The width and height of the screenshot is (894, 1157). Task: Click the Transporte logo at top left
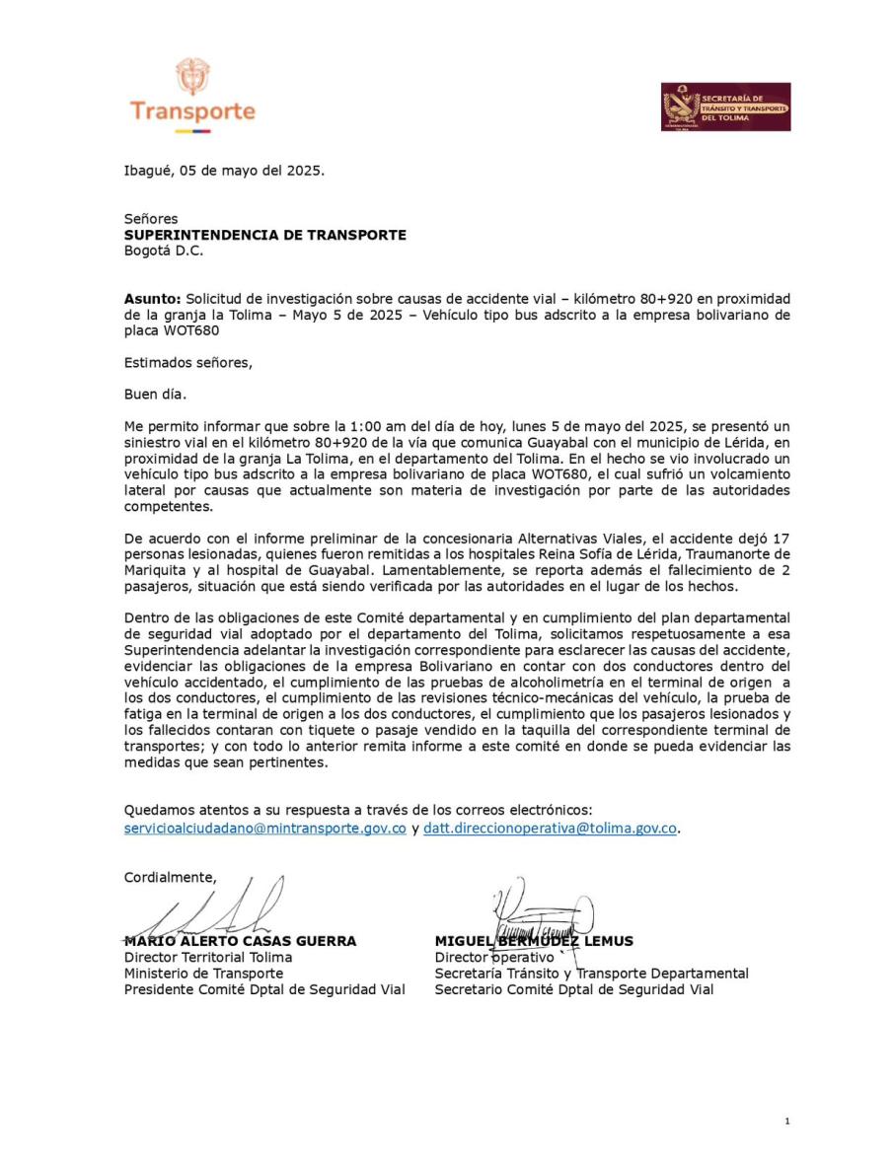coord(192,97)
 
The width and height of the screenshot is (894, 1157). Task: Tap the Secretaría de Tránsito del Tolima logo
coord(725,107)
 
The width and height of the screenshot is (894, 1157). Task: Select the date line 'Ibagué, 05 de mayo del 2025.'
coord(224,170)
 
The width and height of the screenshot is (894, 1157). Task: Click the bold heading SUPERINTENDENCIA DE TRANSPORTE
coord(264,235)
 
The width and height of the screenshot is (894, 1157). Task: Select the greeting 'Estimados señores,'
coord(187,362)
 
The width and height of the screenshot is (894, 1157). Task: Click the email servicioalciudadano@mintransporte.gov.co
coord(264,829)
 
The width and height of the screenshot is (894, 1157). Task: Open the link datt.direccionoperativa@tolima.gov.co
coord(550,829)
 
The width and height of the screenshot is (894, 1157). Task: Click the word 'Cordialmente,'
coord(170,876)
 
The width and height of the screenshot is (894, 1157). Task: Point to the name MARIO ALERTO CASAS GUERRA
coord(240,941)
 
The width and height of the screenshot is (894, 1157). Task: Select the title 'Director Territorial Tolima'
coord(207,957)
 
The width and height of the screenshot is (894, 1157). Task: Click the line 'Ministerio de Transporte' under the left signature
coord(203,973)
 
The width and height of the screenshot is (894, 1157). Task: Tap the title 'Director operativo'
coord(494,957)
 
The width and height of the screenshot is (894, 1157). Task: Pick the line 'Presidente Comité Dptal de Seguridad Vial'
coord(264,989)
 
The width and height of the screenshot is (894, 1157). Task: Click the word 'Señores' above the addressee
coord(151,219)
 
